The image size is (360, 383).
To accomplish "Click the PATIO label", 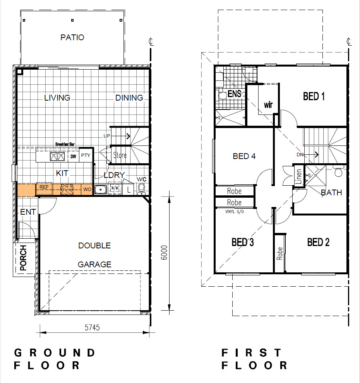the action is pyautogui.click(x=72, y=38).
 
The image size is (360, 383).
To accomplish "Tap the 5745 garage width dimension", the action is pyautogui.click(x=92, y=328).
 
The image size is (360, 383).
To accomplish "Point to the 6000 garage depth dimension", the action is pyautogui.click(x=164, y=253).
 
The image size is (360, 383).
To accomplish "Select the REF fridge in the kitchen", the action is pyautogui.click(x=44, y=189).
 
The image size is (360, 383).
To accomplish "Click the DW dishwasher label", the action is pyautogui.click(x=73, y=157).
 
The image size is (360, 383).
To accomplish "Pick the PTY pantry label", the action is pyautogui.click(x=86, y=156).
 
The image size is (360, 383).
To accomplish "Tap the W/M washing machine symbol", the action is pyautogui.click(x=115, y=188).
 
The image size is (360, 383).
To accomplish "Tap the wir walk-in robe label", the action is pyautogui.click(x=268, y=105).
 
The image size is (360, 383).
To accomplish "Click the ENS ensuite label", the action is pyautogui.click(x=234, y=94).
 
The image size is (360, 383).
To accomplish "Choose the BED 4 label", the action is pyautogui.click(x=244, y=156).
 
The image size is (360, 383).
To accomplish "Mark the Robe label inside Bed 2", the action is pyautogui.click(x=279, y=253).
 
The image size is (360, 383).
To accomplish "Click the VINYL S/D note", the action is pyautogui.click(x=234, y=212).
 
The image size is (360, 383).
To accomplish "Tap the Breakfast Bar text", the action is pyautogui.click(x=65, y=144).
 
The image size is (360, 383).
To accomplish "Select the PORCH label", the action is pyautogui.click(x=23, y=258).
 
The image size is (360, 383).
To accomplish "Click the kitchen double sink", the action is pyautogui.click(x=57, y=156).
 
